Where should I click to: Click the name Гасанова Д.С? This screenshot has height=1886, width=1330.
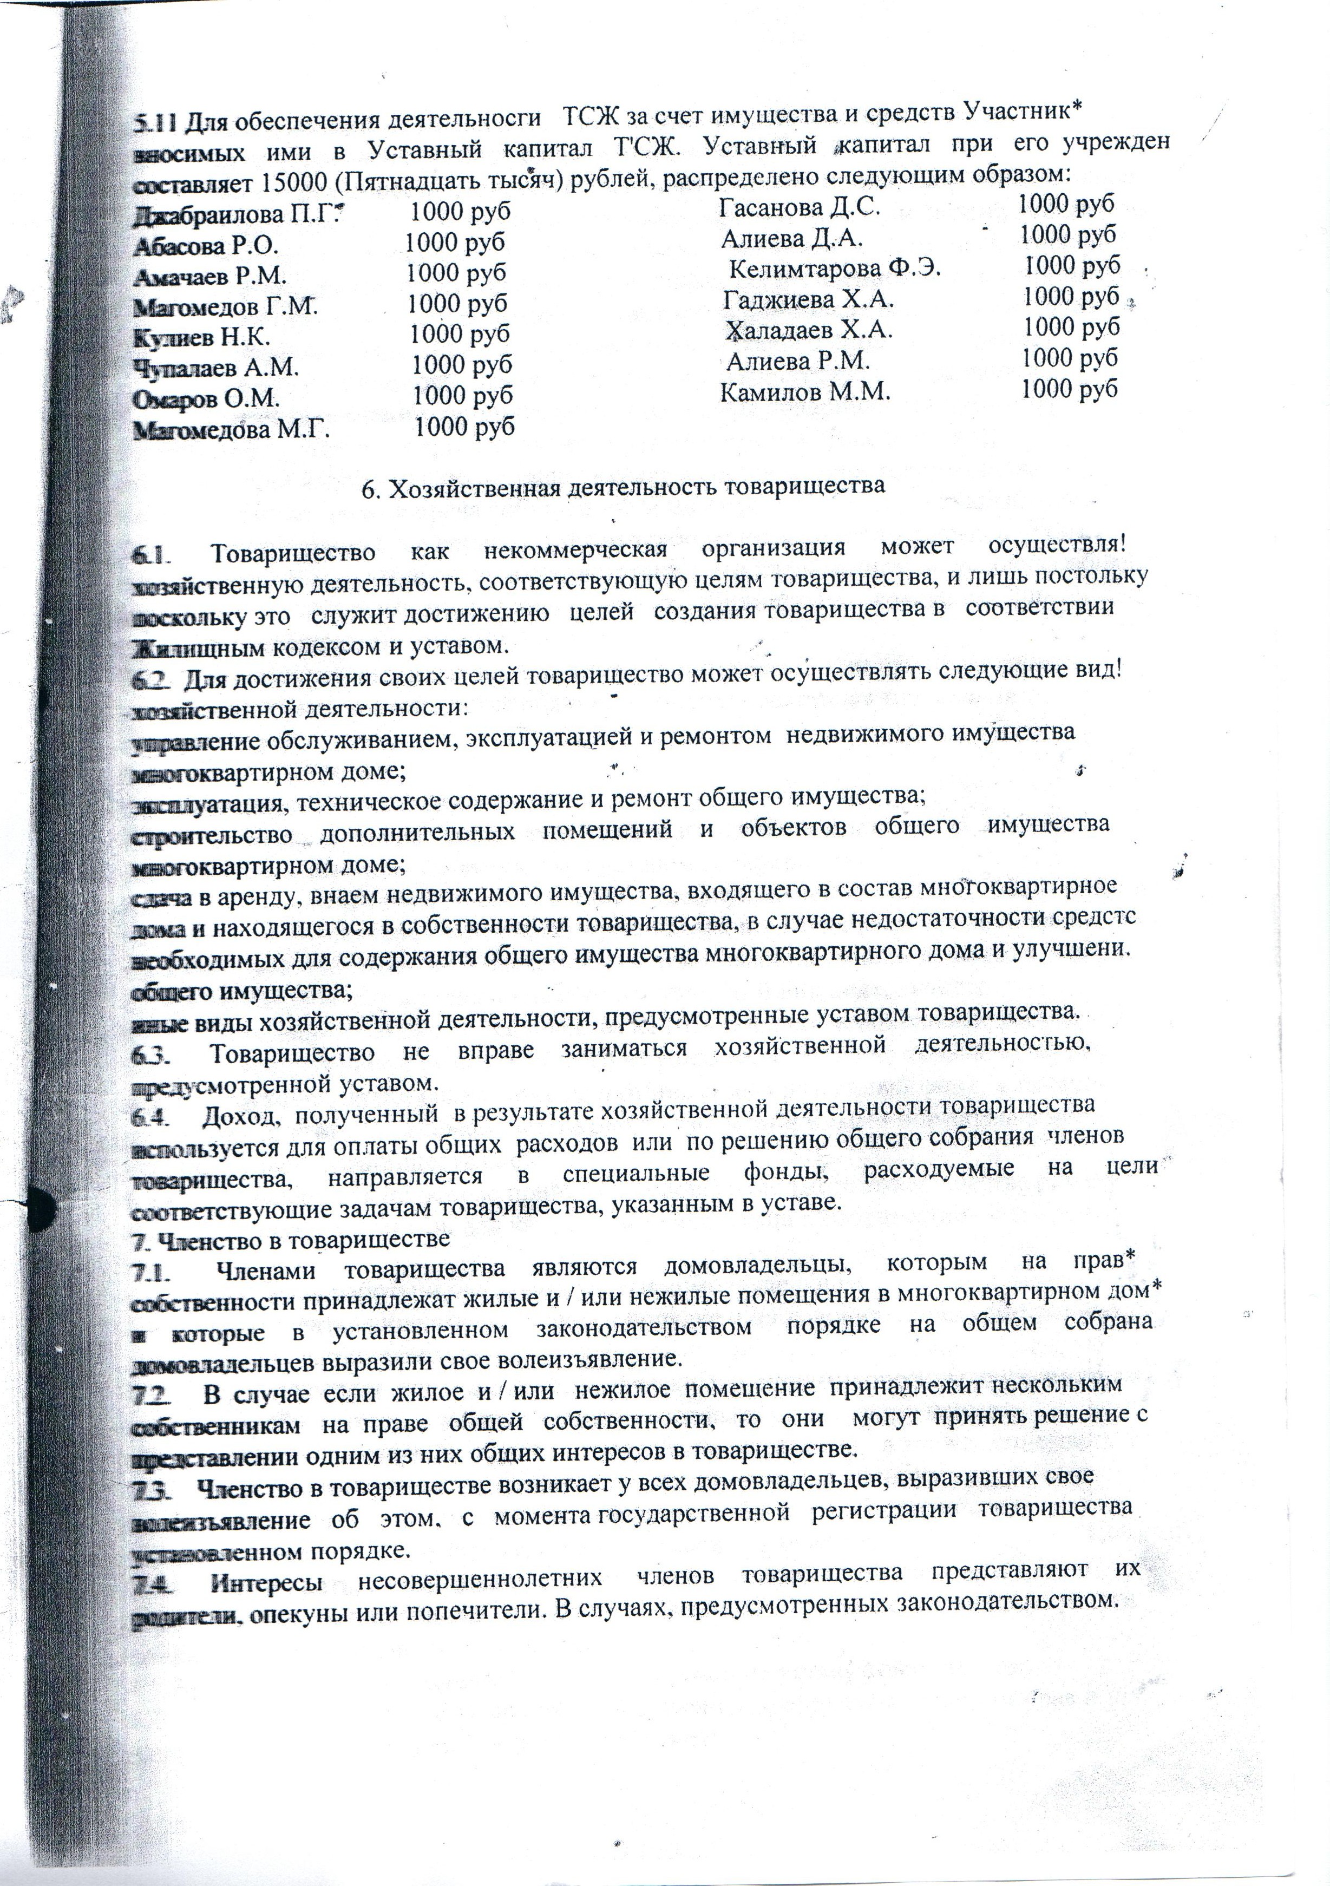pyautogui.click(x=800, y=206)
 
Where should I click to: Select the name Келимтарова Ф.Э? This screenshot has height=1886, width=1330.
pyautogui.click(x=835, y=269)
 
